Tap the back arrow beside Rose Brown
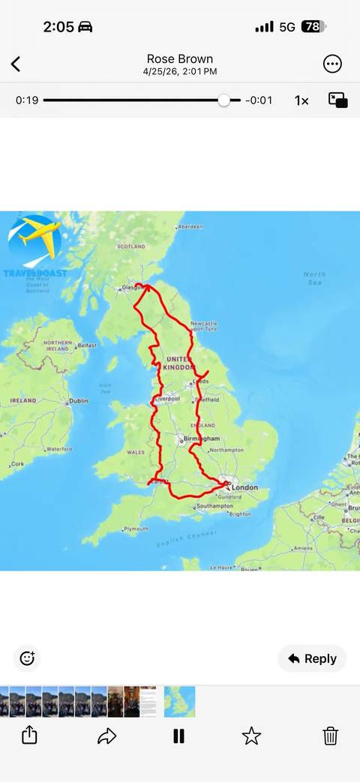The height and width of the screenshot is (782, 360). [16, 64]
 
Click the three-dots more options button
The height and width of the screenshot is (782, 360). [332, 64]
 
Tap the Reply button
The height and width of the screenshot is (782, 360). [312, 658]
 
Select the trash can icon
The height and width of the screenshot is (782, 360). [330, 736]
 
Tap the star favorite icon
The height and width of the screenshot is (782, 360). [251, 736]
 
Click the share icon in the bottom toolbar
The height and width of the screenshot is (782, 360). [29, 736]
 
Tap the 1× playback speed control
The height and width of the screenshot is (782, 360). [301, 100]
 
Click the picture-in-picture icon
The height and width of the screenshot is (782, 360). [337, 100]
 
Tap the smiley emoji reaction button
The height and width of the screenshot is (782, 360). [27, 658]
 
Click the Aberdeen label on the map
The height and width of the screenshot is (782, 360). [190, 226]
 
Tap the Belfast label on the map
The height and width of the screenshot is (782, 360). [87, 345]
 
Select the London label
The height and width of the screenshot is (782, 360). [244, 488]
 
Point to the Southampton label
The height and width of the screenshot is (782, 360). [214, 506]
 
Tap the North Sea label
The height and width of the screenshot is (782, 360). [315, 278]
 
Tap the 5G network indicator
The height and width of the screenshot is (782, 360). [287, 27]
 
